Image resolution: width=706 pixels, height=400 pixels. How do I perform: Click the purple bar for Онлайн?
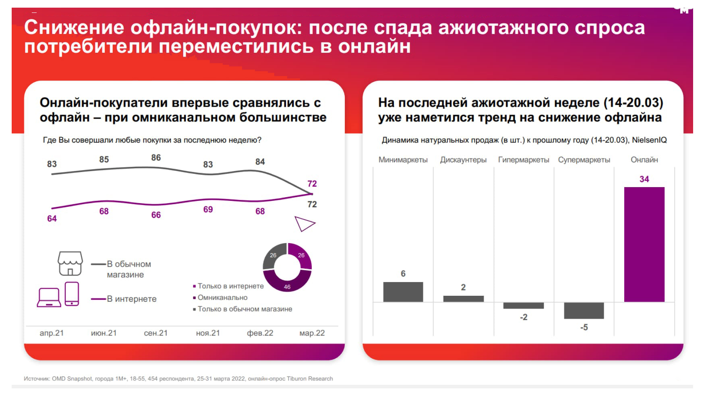point(644,244)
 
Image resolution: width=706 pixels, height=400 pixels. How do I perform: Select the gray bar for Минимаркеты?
point(403,292)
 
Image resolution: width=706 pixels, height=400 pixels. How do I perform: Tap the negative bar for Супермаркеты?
point(584,310)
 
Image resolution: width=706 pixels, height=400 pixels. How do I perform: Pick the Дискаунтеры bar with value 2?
point(463,299)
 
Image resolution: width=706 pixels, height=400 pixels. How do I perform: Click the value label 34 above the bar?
point(644,179)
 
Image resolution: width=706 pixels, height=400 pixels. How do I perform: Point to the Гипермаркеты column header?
point(523,160)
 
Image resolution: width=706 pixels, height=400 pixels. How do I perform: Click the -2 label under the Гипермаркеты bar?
point(523,317)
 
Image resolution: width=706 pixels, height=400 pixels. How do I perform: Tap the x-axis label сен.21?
point(155,333)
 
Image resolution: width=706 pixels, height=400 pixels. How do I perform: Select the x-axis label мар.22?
point(312,333)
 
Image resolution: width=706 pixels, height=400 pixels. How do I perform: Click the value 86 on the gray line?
point(156,158)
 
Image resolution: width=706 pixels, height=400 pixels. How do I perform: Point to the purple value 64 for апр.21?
point(52,219)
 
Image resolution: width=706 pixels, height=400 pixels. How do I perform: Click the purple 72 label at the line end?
point(312,184)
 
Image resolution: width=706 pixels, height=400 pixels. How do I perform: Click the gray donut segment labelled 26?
point(273,258)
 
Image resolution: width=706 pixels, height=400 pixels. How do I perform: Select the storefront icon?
point(70,264)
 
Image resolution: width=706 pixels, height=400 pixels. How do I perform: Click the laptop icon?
point(49,298)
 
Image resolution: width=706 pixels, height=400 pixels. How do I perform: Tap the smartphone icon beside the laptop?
point(72,294)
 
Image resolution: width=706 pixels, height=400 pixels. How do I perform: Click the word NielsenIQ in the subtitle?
point(649,140)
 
